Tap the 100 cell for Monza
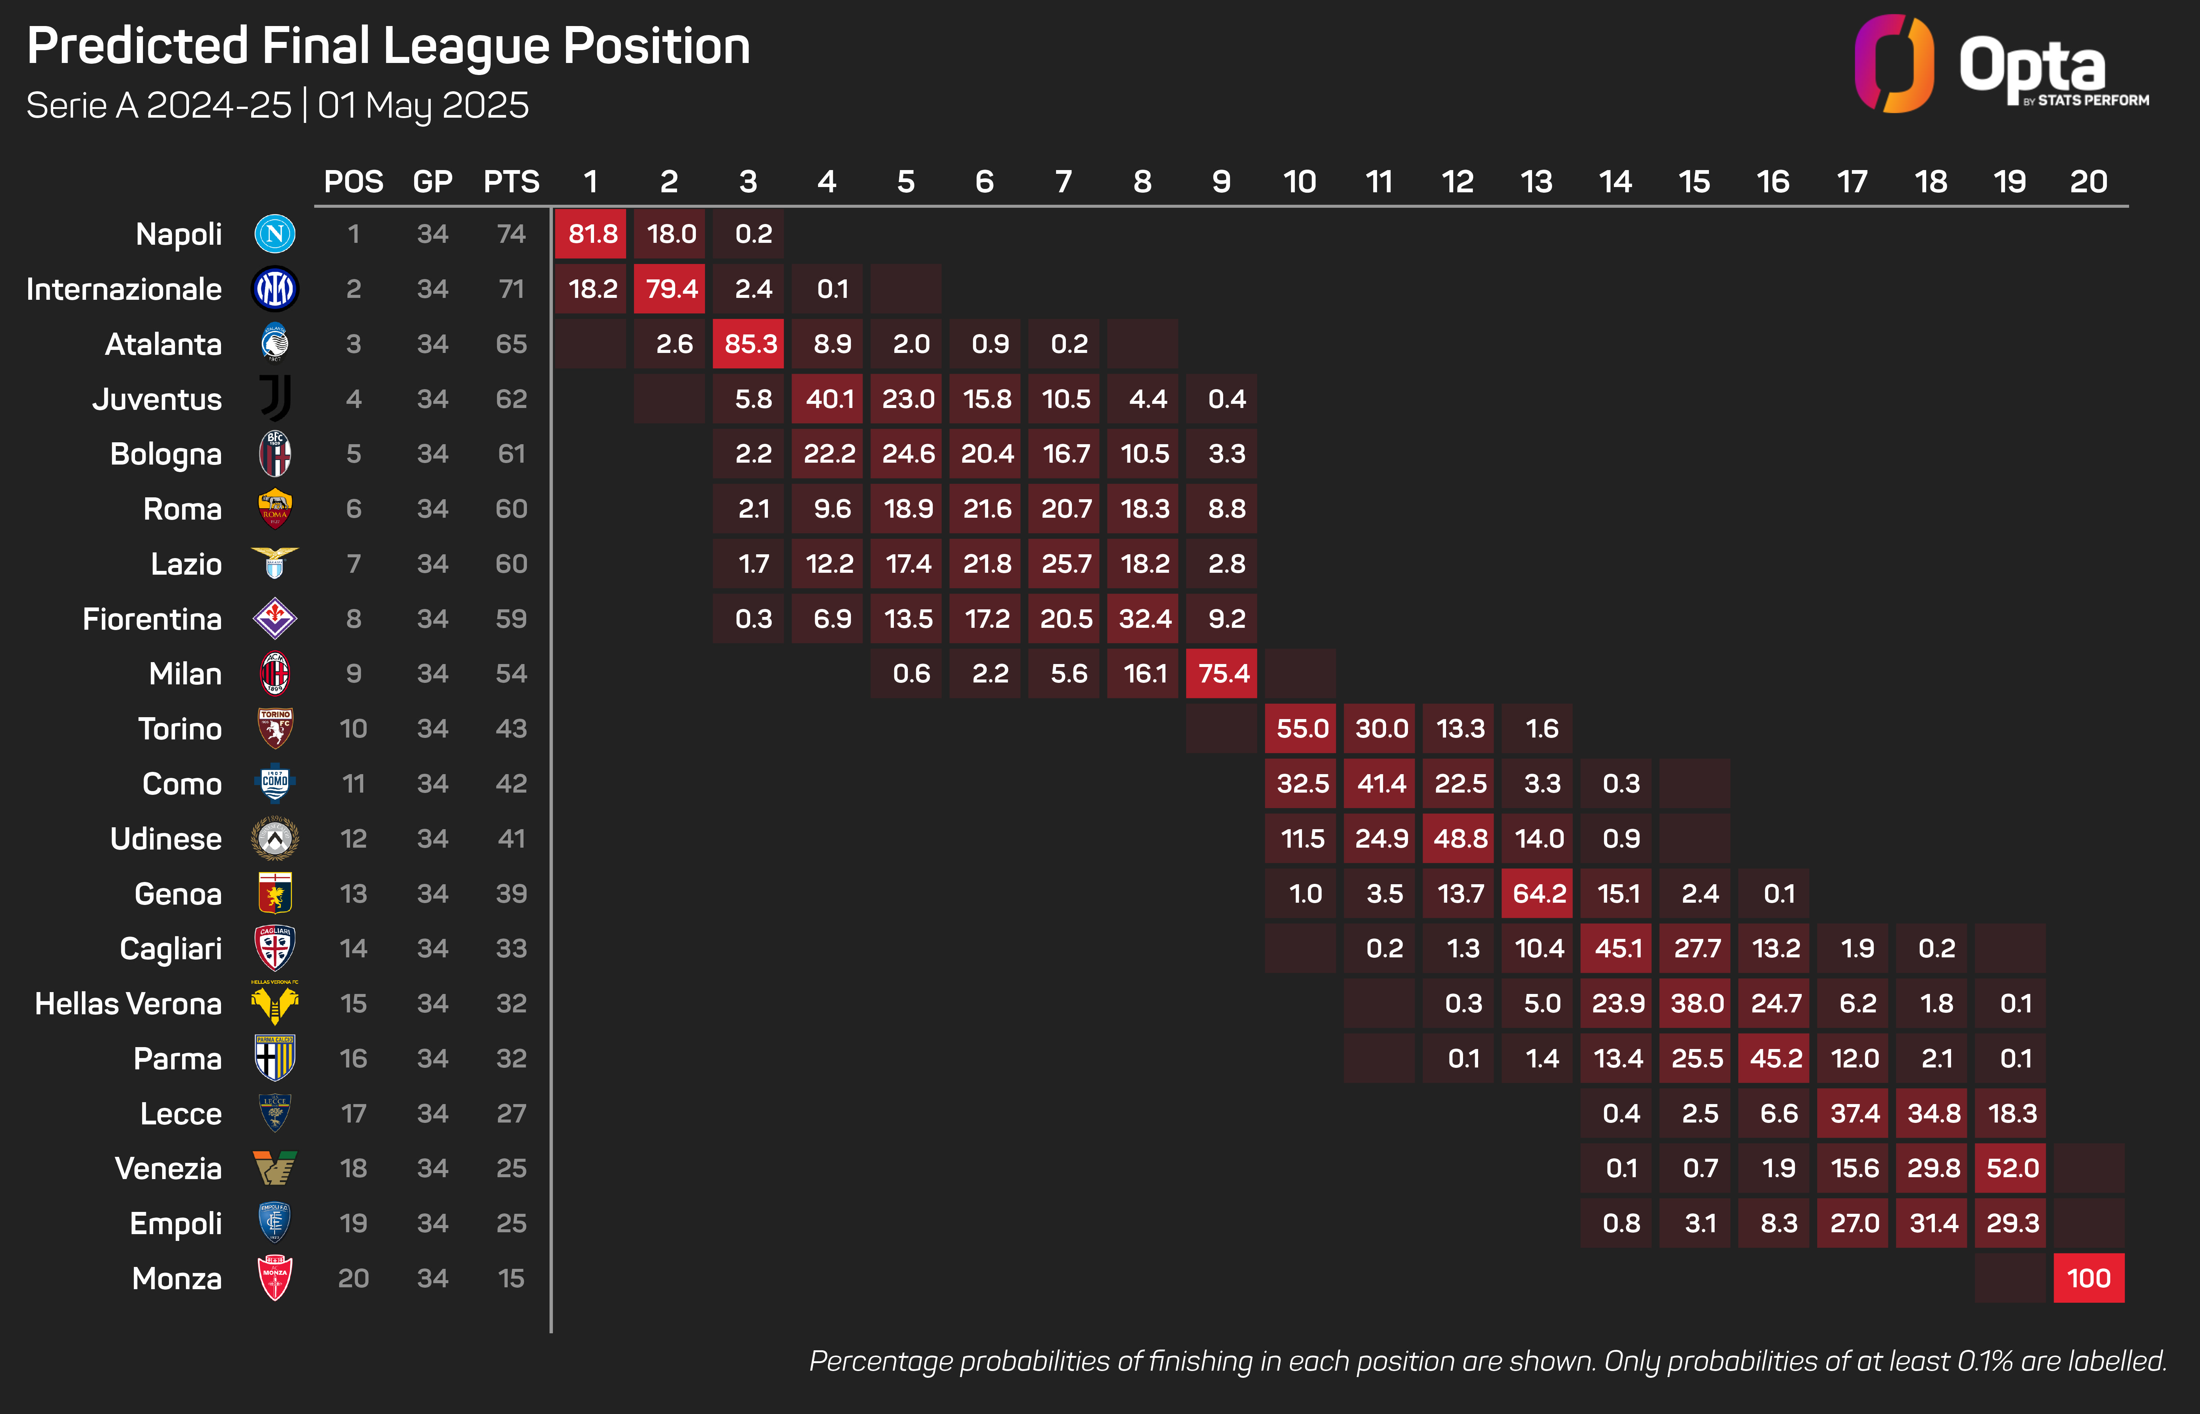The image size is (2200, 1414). point(2088,1278)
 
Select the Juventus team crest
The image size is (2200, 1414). point(275,399)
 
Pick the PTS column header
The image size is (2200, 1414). point(511,182)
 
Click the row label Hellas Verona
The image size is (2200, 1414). point(129,1004)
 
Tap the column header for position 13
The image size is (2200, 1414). point(1536,182)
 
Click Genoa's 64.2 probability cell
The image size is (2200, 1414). point(1537,893)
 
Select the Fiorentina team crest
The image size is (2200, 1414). point(275,619)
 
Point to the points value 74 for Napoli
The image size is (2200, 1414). point(511,234)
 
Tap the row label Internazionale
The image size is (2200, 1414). point(124,289)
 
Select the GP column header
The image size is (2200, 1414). point(433,182)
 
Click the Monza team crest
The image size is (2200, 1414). point(275,1278)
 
